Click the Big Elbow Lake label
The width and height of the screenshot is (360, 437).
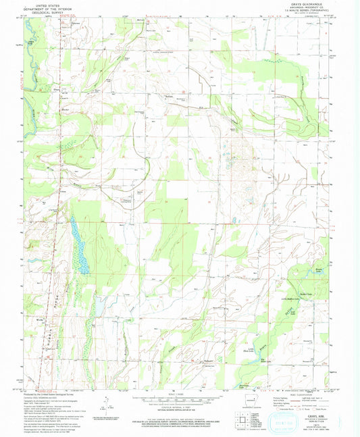click(x=267, y=363)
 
